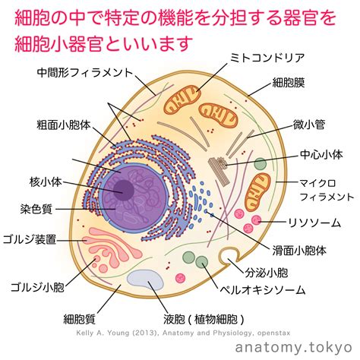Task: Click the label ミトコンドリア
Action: (267, 58)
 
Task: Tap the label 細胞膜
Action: (289, 83)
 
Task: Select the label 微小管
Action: (309, 125)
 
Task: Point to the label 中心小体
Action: (321, 154)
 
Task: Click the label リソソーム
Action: (314, 223)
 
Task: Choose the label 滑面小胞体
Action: (299, 251)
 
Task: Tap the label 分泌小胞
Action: (267, 273)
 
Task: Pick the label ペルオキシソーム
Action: (263, 290)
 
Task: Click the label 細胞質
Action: (79, 319)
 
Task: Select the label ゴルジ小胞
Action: (37, 287)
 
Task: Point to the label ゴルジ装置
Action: (30, 239)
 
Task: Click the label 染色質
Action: (36, 210)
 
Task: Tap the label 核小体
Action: (46, 182)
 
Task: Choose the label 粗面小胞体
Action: (64, 125)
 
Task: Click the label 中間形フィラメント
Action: (85, 73)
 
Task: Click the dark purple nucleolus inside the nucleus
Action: (124, 191)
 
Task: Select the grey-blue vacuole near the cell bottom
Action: (145, 280)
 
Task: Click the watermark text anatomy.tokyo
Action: (294, 347)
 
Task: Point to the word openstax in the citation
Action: (273, 333)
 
